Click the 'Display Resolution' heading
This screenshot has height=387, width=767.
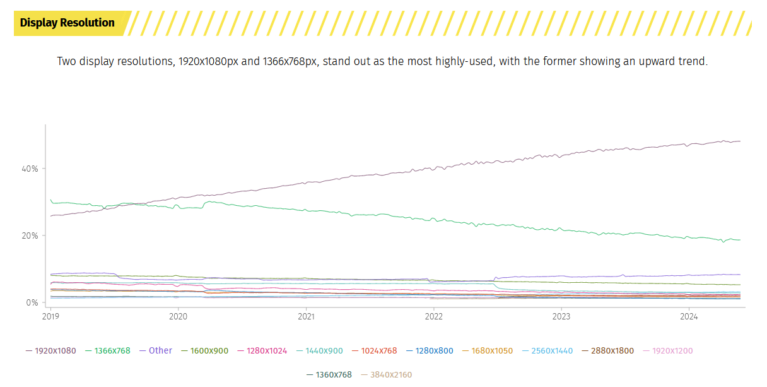tap(67, 23)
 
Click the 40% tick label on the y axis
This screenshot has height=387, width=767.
tap(30, 169)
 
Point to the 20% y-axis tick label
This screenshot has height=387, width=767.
tap(30, 235)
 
